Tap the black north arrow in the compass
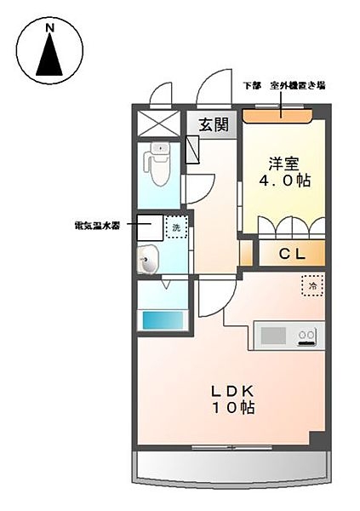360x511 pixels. tap(49, 57)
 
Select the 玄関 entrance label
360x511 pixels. tap(214, 125)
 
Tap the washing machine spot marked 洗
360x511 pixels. tap(176, 228)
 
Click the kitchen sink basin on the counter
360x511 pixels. tap(274, 336)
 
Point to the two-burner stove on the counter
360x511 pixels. tap(307, 336)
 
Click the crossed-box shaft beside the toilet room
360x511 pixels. tap(160, 123)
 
